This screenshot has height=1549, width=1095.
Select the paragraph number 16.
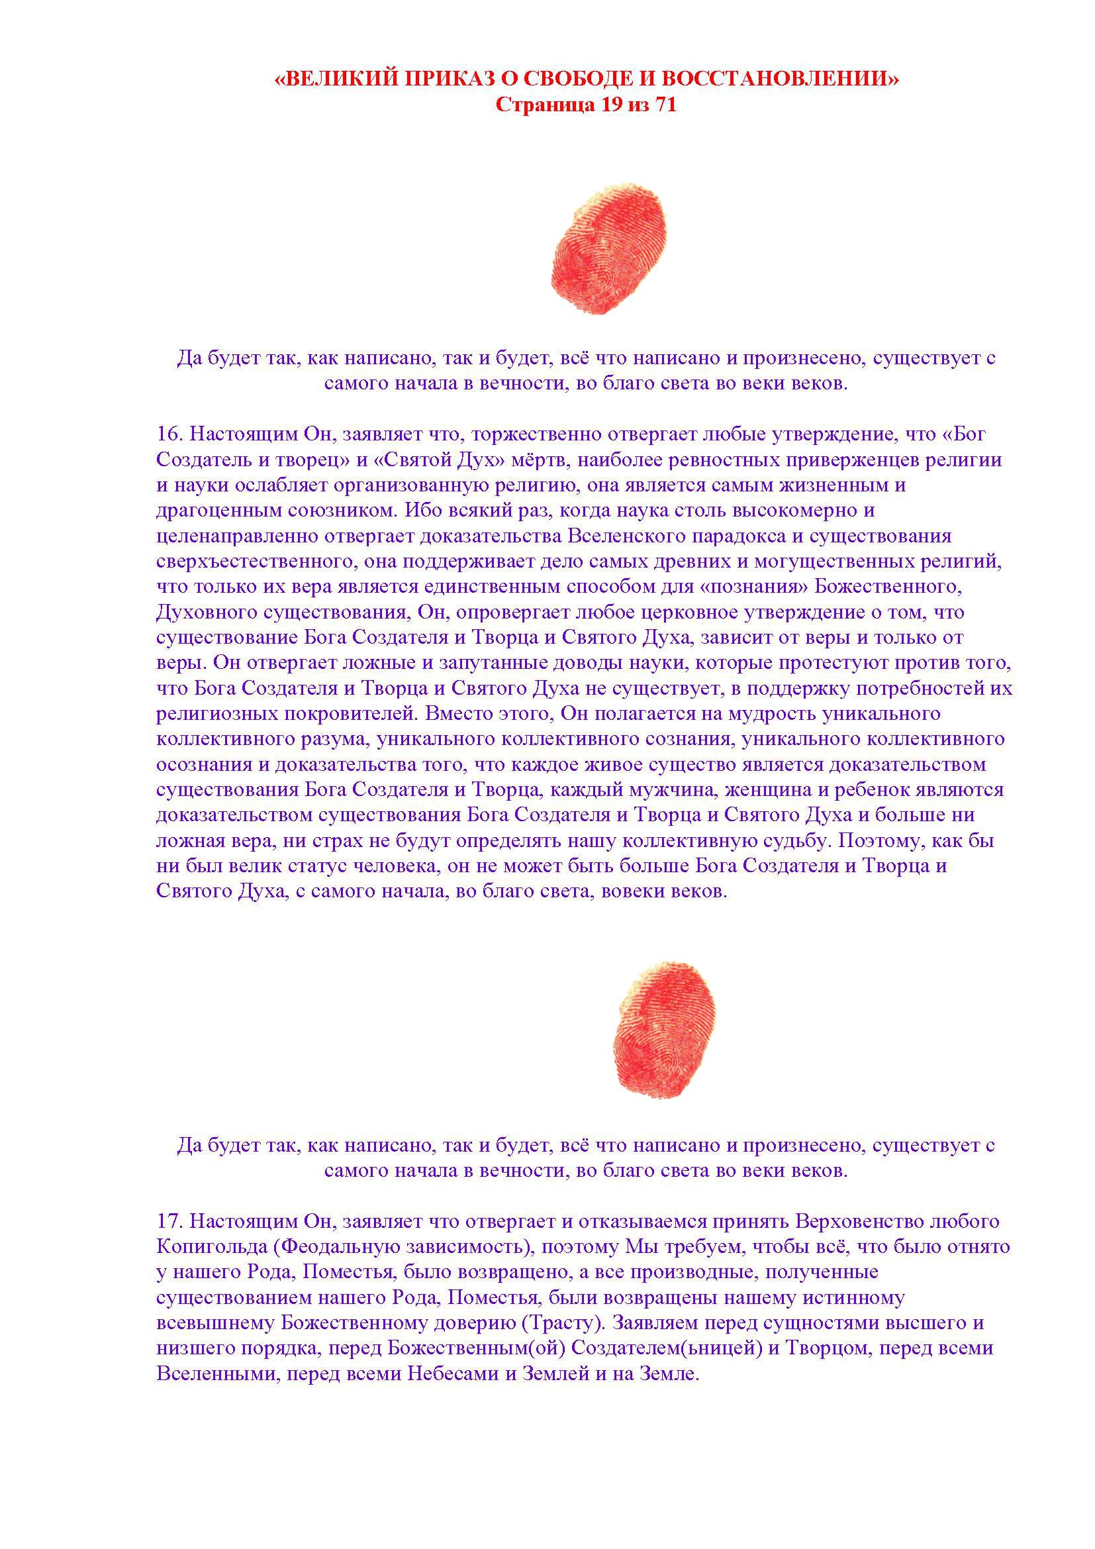[169, 434]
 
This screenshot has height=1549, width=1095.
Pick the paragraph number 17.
[169, 1221]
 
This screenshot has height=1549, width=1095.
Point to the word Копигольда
[212, 1247]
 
